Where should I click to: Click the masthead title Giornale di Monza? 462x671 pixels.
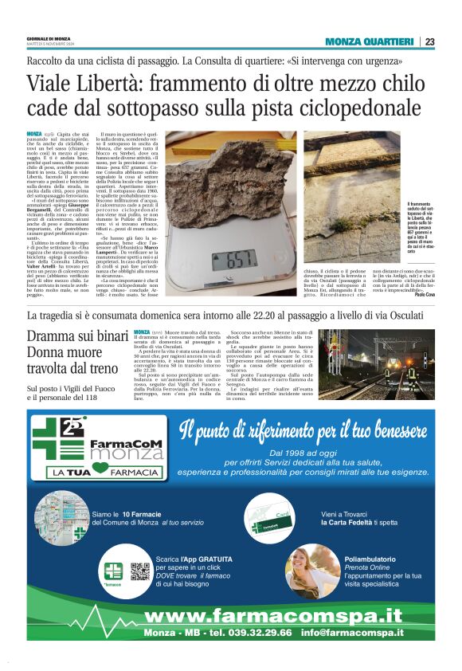[49, 38]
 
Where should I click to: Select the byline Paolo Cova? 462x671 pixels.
[425, 295]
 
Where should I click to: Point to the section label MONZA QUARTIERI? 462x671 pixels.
[371, 42]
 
